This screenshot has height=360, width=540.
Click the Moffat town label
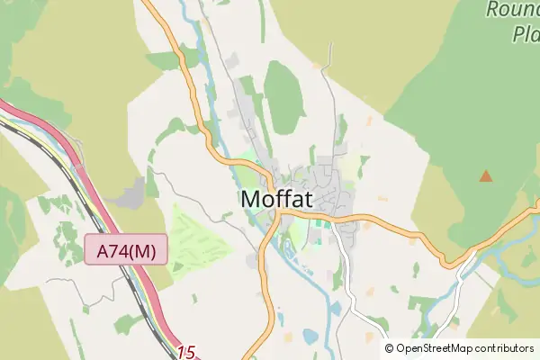pos(277,200)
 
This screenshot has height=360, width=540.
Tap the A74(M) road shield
pos(127,249)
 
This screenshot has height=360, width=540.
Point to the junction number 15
pos(186,353)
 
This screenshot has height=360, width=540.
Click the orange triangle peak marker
pos(486,175)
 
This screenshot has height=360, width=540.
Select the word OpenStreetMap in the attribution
pos(435,348)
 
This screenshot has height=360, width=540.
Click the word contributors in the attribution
pos(505,348)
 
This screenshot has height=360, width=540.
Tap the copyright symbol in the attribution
pos(390,348)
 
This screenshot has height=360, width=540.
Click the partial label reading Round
pos(512,10)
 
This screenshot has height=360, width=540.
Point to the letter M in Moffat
pos(252,200)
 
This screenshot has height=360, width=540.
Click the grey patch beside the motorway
pos(135,193)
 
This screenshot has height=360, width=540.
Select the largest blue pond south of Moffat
pos(310,337)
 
